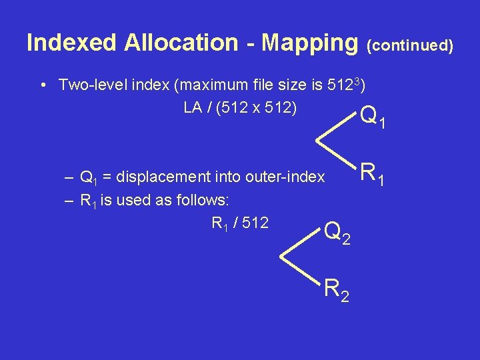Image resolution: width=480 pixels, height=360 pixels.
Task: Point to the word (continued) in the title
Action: (411, 45)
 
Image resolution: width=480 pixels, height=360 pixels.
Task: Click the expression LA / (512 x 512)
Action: (240, 107)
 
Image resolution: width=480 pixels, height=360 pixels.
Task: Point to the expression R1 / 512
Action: (240, 223)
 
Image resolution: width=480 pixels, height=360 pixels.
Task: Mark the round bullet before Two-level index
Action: (43, 86)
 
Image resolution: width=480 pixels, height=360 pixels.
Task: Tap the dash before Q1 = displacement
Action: (69, 178)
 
